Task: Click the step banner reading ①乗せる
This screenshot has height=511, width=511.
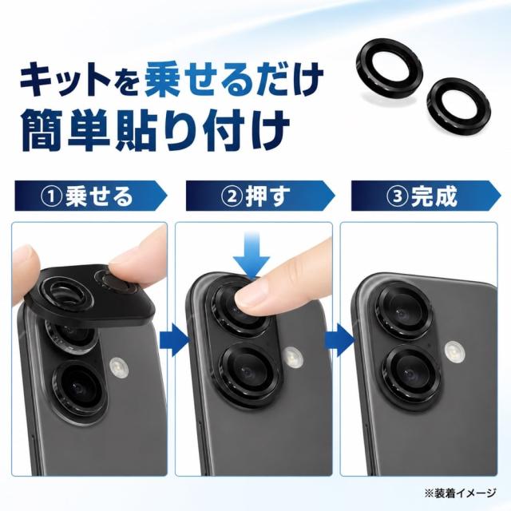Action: (x=90, y=196)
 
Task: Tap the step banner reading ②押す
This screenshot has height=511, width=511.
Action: (x=260, y=196)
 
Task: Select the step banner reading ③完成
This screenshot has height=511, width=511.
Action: (x=426, y=196)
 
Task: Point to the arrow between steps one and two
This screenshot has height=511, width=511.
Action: (x=174, y=340)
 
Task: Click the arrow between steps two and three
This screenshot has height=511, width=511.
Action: (x=340, y=340)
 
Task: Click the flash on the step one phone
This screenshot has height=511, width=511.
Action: (x=119, y=368)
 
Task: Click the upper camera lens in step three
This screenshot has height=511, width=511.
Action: (x=404, y=311)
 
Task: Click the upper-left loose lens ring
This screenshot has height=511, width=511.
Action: (x=389, y=70)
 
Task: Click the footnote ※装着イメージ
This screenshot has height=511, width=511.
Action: (x=460, y=493)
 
